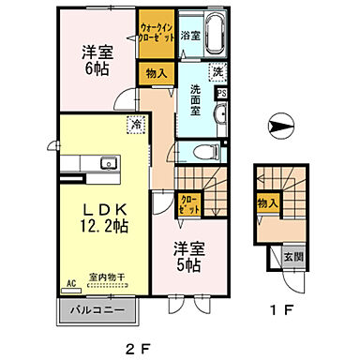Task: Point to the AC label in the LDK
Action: [x=69, y=280]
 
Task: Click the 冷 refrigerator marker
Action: [x=136, y=123]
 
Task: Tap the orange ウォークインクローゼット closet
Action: [x=156, y=37]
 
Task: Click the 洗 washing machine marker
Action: [x=217, y=71]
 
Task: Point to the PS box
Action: [x=220, y=93]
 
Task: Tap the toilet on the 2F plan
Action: [x=201, y=154]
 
